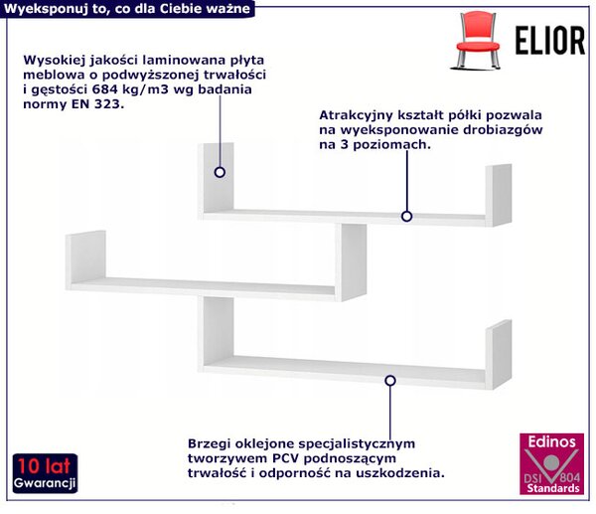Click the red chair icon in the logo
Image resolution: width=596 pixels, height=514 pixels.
tap(478, 40)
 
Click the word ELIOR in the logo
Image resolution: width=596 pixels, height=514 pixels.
tap(549, 41)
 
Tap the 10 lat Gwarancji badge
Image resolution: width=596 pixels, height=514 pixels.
tap(45, 473)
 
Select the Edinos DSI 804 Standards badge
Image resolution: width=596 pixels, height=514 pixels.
tap(551, 463)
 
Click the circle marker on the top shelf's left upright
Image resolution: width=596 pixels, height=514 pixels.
tap(220, 172)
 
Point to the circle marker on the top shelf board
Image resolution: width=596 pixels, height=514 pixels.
tap(406, 217)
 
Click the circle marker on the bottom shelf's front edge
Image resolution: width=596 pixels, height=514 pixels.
tap(390, 381)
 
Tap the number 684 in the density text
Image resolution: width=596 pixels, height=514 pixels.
tap(103, 89)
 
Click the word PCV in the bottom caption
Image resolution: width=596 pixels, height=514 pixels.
tap(286, 458)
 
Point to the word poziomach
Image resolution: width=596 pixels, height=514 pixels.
tap(392, 145)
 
